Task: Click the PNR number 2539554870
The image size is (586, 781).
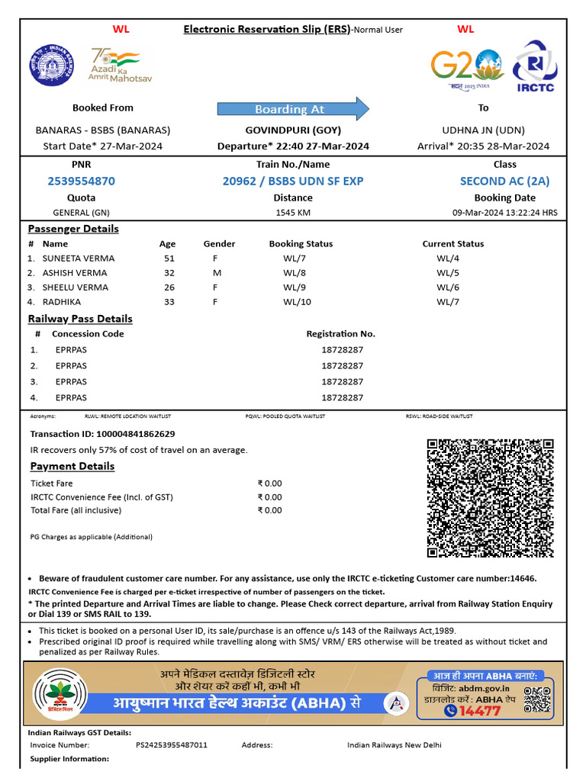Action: pyautogui.click(x=81, y=182)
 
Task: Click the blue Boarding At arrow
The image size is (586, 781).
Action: pyautogui.click(x=293, y=109)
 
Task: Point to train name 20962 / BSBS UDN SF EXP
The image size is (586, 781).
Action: pyautogui.click(x=293, y=182)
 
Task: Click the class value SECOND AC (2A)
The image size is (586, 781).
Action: pyautogui.click(x=504, y=182)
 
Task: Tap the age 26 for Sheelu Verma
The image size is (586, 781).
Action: pyautogui.click(x=169, y=288)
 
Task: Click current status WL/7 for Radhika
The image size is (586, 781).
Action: pyautogui.click(x=447, y=303)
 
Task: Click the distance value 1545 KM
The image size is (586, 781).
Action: pyautogui.click(x=293, y=213)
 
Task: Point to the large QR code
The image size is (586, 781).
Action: pyautogui.click(x=489, y=499)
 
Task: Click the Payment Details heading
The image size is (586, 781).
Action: pyautogui.click(x=72, y=466)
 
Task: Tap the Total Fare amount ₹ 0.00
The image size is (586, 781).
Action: pyautogui.click(x=269, y=510)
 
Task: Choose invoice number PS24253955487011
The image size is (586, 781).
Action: pyautogui.click(x=172, y=745)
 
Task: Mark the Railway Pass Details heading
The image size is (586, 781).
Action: pyautogui.click(x=80, y=319)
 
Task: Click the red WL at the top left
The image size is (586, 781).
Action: pyautogui.click(x=121, y=29)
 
